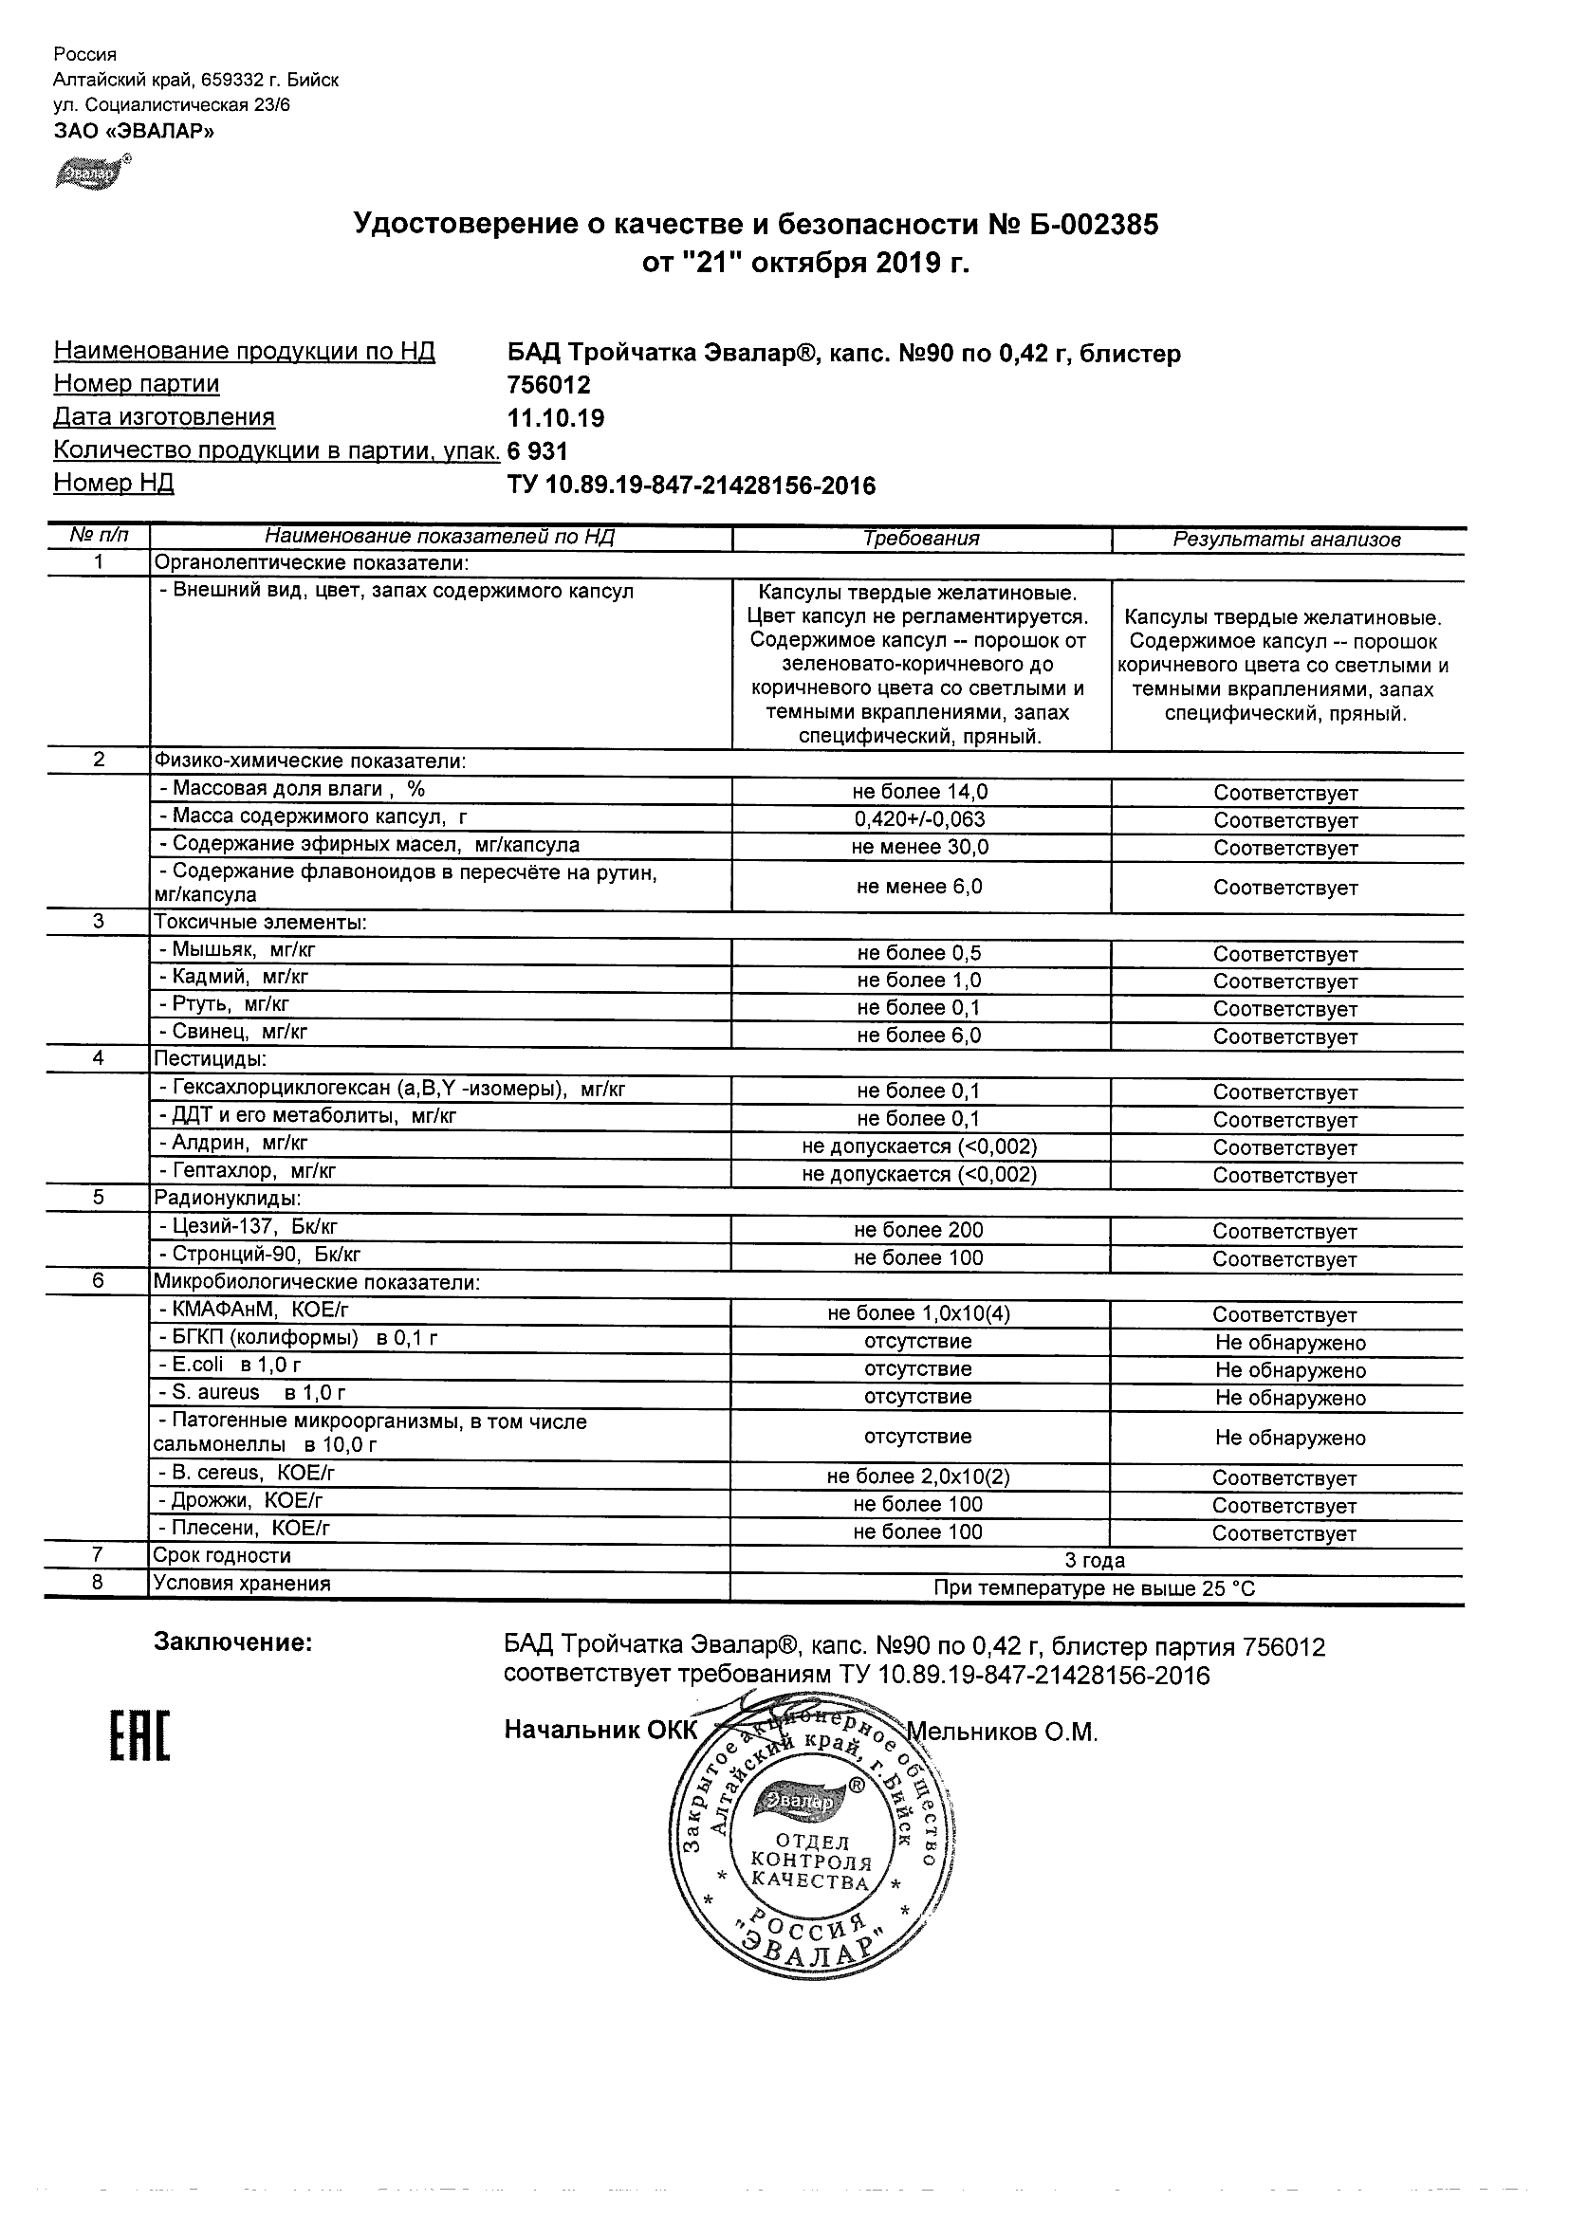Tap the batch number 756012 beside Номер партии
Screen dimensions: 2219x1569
pos(548,385)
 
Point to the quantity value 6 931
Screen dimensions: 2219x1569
pos(538,451)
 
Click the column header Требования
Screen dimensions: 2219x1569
pos(921,540)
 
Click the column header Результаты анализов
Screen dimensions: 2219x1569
pos(1286,541)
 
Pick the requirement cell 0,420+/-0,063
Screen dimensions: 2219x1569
pos(919,819)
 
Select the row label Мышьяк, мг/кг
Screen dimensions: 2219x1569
pos(238,949)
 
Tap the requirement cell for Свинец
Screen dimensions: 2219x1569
pos(919,1036)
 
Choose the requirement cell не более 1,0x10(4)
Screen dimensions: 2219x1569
pos(919,1313)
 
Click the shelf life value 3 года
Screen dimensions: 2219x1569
pos(1095,1560)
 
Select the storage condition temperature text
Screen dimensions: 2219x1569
pos(1095,1587)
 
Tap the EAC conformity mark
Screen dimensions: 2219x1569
pos(139,1735)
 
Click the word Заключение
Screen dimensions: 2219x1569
pos(233,1643)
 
